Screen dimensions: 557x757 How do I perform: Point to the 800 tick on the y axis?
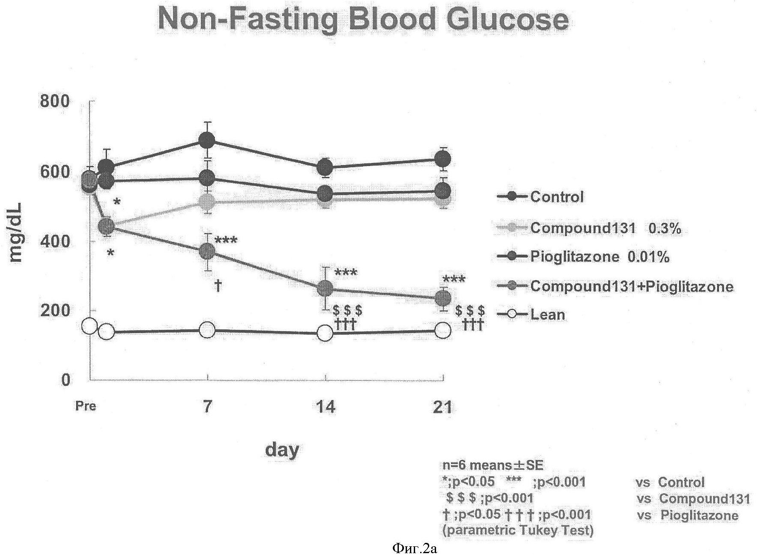tap(54, 102)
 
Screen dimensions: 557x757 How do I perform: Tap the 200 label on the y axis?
tap(54, 310)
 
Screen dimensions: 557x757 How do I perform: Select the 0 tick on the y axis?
tap(65, 379)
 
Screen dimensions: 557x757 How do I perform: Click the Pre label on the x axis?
tap(86, 406)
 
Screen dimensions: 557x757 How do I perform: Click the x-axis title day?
tap(282, 450)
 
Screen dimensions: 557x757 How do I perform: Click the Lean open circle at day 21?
tap(442, 330)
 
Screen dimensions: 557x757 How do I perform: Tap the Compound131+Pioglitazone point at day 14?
tap(325, 288)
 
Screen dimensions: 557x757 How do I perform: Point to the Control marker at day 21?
tap(442, 159)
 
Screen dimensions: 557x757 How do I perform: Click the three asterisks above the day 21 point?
tap(454, 280)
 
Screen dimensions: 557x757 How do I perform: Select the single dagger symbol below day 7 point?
tap(218, 285)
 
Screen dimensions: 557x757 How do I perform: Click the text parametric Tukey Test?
tap(518, 530)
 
